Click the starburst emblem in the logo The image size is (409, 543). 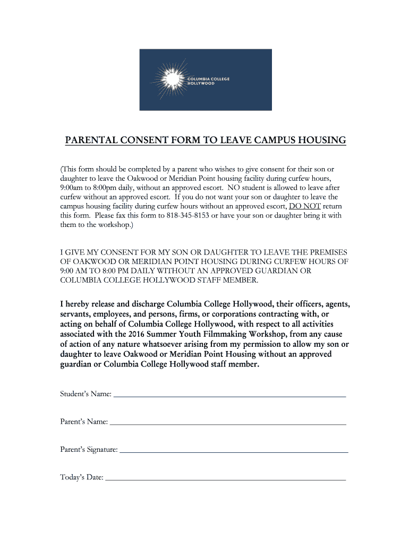(171, 80)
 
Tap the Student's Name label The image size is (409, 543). (86, 394)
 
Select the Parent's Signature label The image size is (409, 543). (89, 450)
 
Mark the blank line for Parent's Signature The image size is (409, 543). (234, 452)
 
